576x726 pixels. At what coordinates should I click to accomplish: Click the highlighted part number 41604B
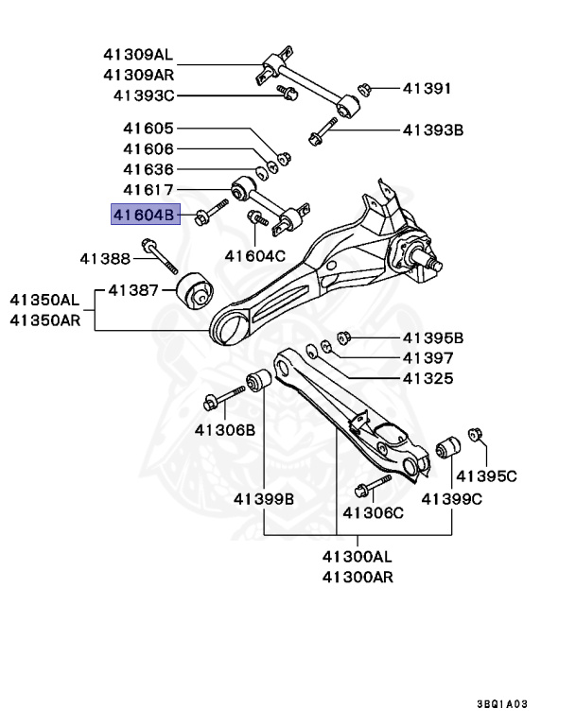pyautogui.click(x=144, y=216)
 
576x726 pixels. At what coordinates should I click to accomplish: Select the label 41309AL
pyautogui.click(x=139, y=54)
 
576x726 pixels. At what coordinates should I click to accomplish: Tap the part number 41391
pyautogui.click(x=428, y=88)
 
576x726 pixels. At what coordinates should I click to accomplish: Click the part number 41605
pyautogui.click(x=148, y=129)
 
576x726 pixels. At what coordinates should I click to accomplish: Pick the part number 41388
pyautogui.click(x=104, y=257)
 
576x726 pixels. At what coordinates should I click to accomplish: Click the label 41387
pyautogui.click(x=132, y=289)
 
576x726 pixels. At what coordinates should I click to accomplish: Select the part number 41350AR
pyautogui.click(x=45, y=320)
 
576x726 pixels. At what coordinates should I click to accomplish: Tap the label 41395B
pyautogui.click(x=433, y=337)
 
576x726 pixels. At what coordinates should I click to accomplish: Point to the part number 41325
pyautogui.click(x=428, y=378)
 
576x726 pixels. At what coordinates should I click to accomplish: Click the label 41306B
pyautogui.click(x=225, y=429)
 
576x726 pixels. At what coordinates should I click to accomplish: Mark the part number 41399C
pyautogui.click(x=452, y=498)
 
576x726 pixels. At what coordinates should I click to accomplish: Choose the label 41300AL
pyautogui.click(x=358, y=556)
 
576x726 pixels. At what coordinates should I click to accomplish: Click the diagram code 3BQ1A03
pyautogui.click(x=503, y=703)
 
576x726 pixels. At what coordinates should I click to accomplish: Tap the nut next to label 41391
pyautogui.click(x=363, y=89)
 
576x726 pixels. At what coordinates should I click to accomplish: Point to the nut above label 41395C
pyautogui.click(x=477, y=436)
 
